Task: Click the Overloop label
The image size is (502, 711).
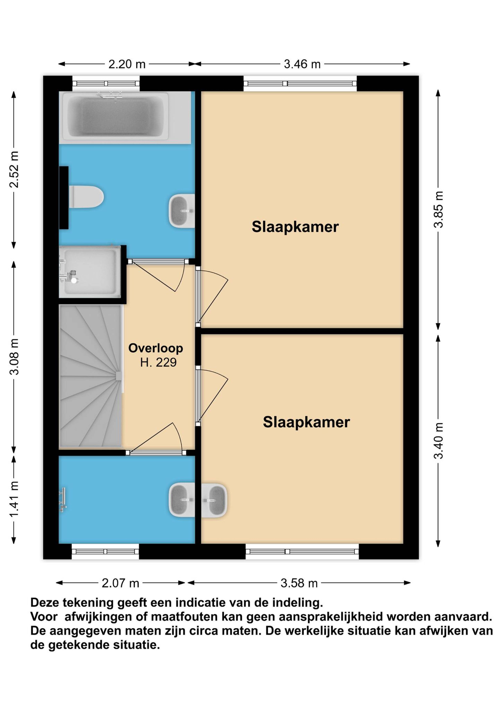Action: coord(156,348)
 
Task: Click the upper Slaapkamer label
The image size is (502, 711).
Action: coord(295,227)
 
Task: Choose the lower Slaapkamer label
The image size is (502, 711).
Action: coord(306,422)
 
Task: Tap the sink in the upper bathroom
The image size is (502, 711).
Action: coord(182,211)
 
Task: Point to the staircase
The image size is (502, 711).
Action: coord(91,376)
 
